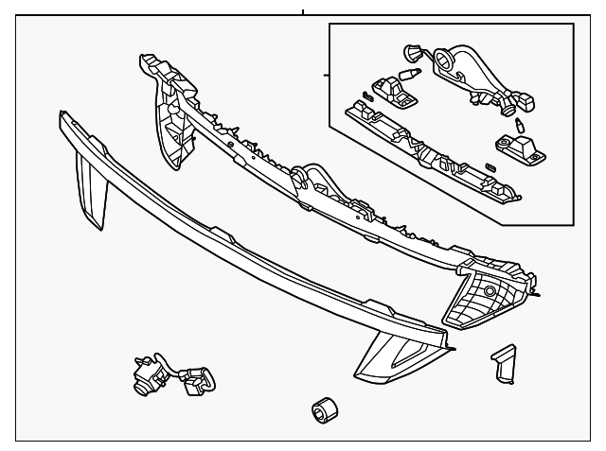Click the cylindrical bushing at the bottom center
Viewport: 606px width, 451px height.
[x=323, y=411]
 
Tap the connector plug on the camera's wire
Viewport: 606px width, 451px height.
[x=198, y=380]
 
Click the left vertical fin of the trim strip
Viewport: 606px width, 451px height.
[x=92, y=190]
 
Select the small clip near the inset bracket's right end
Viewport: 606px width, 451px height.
[x=490, y=167]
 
